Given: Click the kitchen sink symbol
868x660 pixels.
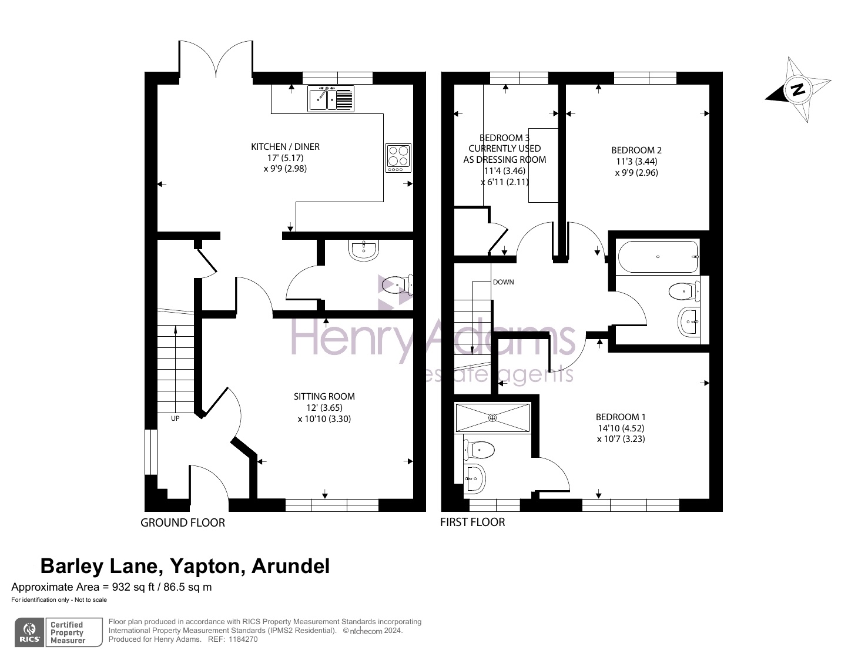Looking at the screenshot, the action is coord(331,99).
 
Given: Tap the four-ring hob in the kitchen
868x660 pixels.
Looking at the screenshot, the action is coord(398,158).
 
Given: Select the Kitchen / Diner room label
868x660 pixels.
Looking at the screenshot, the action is coord(285,147).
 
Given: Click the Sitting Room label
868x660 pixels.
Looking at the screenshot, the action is coord(324,396).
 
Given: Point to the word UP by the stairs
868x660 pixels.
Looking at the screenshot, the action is coord(175,418).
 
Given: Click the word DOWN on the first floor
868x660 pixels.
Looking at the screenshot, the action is coord(504,282).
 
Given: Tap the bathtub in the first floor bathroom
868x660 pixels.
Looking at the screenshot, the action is coord(658,257).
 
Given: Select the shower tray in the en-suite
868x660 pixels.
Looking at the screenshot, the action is coord(492,418).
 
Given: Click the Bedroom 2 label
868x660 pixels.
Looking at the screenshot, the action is coord(636,150).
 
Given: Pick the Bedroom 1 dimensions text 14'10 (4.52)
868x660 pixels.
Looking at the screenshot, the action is coord(621,428).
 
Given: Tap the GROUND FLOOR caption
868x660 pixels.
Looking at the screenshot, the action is coord(183,523).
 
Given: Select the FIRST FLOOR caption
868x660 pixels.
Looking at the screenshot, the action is coord(472,522).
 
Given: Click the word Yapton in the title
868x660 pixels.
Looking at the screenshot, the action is coord(205,566).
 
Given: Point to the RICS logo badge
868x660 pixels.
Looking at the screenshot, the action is coord(29,632).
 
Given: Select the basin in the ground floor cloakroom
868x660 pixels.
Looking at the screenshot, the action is coord(363,250).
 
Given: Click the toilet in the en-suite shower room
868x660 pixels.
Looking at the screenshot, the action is coord(479,450).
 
